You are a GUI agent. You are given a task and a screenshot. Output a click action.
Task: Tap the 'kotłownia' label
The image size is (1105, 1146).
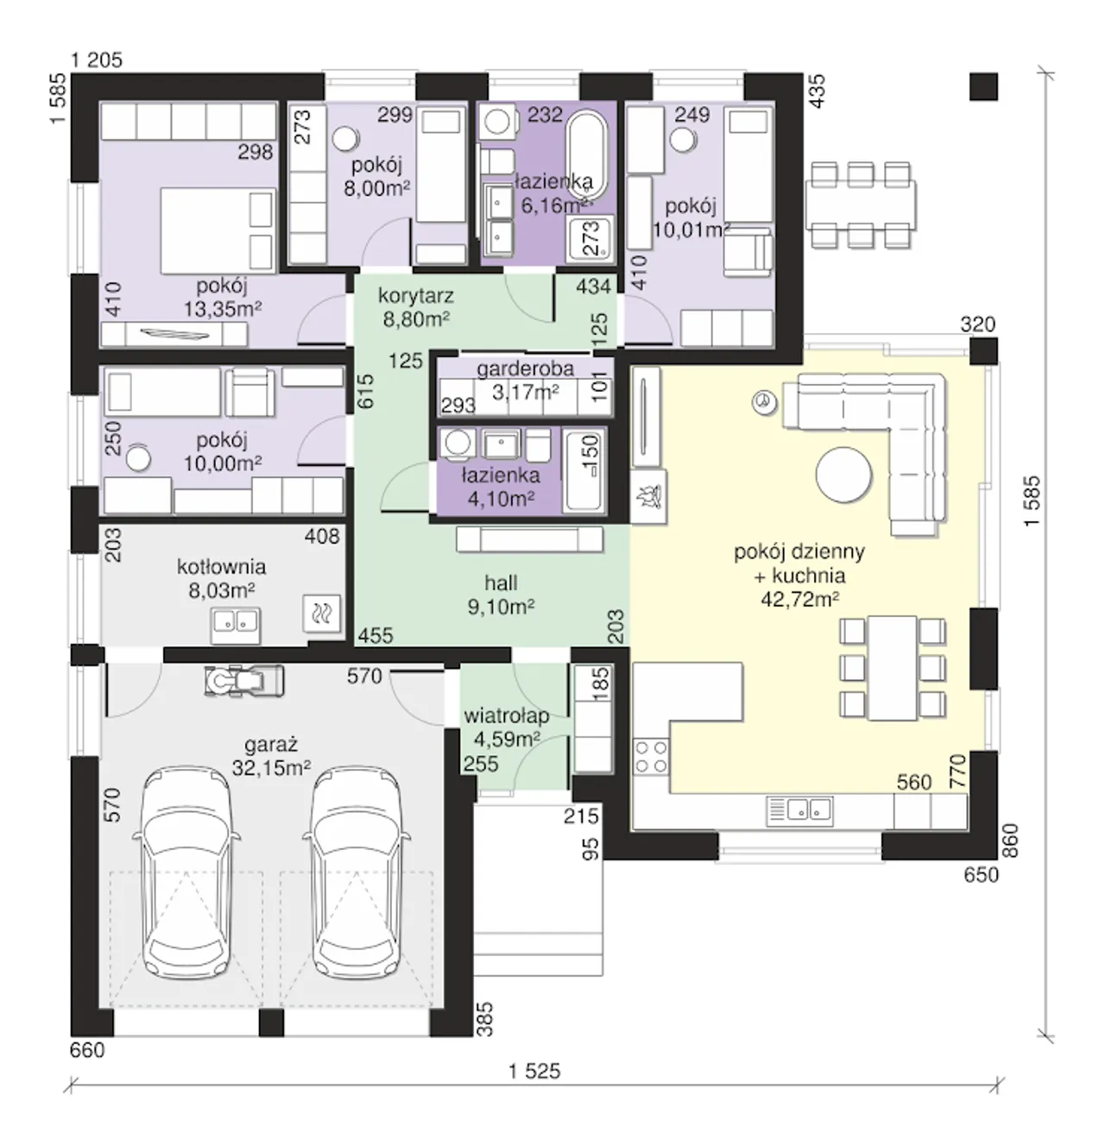[222, 566]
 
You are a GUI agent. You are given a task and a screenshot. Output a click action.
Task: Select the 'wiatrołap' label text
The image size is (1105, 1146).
[507, 715]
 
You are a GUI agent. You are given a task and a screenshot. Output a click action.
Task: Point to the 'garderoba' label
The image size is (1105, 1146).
[526, 368]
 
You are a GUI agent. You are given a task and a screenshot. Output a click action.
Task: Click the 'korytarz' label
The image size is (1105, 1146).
[416, 295]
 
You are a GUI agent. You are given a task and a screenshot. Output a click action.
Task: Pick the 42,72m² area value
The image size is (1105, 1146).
[800, 599]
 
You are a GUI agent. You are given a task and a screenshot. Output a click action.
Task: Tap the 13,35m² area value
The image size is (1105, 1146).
[223, 309]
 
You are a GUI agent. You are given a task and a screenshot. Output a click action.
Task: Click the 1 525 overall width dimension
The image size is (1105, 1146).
[534, 1071]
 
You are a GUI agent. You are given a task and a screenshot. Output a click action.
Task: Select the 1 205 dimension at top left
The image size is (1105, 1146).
[97, 60]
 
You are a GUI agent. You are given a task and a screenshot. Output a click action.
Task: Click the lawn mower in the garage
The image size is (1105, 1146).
[243, 682]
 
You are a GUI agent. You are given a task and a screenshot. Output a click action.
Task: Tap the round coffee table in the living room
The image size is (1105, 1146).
[843, 475]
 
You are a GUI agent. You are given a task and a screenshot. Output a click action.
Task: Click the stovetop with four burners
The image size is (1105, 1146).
[651, 758]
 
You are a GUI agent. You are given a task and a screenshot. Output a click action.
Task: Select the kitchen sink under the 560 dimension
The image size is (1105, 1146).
[800, 811]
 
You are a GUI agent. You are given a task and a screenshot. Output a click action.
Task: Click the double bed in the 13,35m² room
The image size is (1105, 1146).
[218, 230]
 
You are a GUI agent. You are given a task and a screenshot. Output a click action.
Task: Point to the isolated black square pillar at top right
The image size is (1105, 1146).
[983, 86]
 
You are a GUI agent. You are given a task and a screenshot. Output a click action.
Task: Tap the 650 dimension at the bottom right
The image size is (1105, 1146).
[982, 875]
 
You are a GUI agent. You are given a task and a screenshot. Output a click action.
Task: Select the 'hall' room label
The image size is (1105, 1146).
[502, 583]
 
